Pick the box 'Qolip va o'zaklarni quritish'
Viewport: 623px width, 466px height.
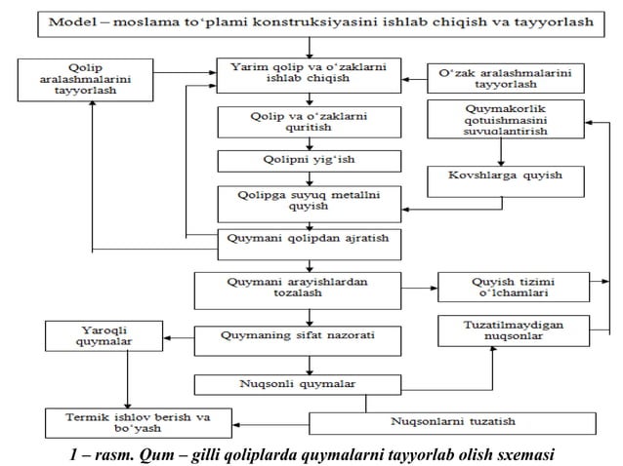pyautogui.click(x=309, y=122)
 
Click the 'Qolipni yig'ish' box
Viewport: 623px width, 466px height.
pyautogui.click(x=309, y=160)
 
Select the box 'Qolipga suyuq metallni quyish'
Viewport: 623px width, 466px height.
pyautogui.click(x=309, y=202)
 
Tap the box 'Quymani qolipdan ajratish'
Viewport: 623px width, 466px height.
pyautogui.click(x=309, y=237)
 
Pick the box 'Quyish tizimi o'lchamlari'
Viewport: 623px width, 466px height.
pyautogui.click(x=517, y=288)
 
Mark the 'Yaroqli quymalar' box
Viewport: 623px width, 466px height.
pyautogui.click(x=89, y=336)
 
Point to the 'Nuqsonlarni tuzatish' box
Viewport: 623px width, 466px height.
pyautogui.click(x=452, y=422)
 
